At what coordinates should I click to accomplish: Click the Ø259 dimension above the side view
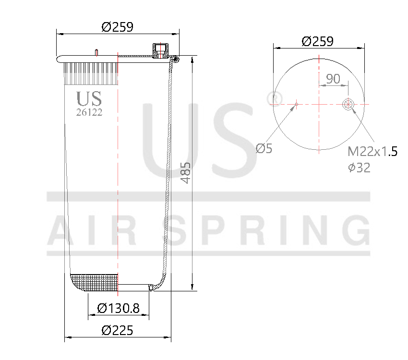click(117, 27)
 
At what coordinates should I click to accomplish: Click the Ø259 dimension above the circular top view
click(317, 41)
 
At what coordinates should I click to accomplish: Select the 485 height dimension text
click(186, 172)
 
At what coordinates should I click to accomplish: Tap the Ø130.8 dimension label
click(118, 308)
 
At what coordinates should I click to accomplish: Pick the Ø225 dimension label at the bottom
click(117, 330)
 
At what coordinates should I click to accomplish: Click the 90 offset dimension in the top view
click(333, 78)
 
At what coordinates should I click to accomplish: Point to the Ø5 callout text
click(264, 148)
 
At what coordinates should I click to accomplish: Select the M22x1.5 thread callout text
click(372, 152)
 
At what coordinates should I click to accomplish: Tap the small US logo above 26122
click(89, 98)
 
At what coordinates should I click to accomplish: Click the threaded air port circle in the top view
click(348, 104)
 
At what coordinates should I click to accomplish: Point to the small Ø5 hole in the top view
click(297, 104)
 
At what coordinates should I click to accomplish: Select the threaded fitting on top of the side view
click(159, 50)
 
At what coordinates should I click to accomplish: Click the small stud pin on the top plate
click(97, 52)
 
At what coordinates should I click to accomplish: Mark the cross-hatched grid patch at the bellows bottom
click(94, 283)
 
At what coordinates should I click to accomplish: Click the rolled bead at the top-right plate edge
click(176, 60)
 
